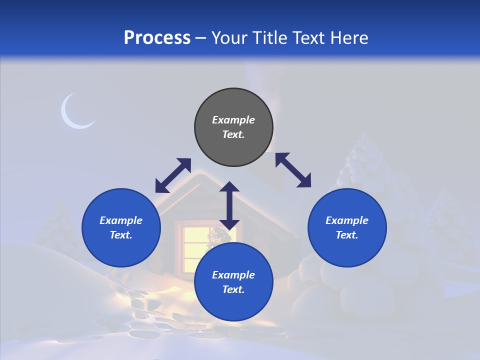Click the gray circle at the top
click(233, 127)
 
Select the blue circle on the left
click(121, 228)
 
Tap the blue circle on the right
click(347, 228)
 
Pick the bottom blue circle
click(233, 282)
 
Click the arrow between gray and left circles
click(173, 175)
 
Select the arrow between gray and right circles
click(293, 170)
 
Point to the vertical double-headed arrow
click(229, 205)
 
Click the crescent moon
click(74, 113)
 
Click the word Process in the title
click(157, 38)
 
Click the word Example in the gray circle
click(233, 120)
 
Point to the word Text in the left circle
click(121, 235)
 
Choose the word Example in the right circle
click(347, 220)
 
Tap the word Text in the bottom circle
click(233, 289)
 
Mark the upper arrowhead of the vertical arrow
click(229, 187)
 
